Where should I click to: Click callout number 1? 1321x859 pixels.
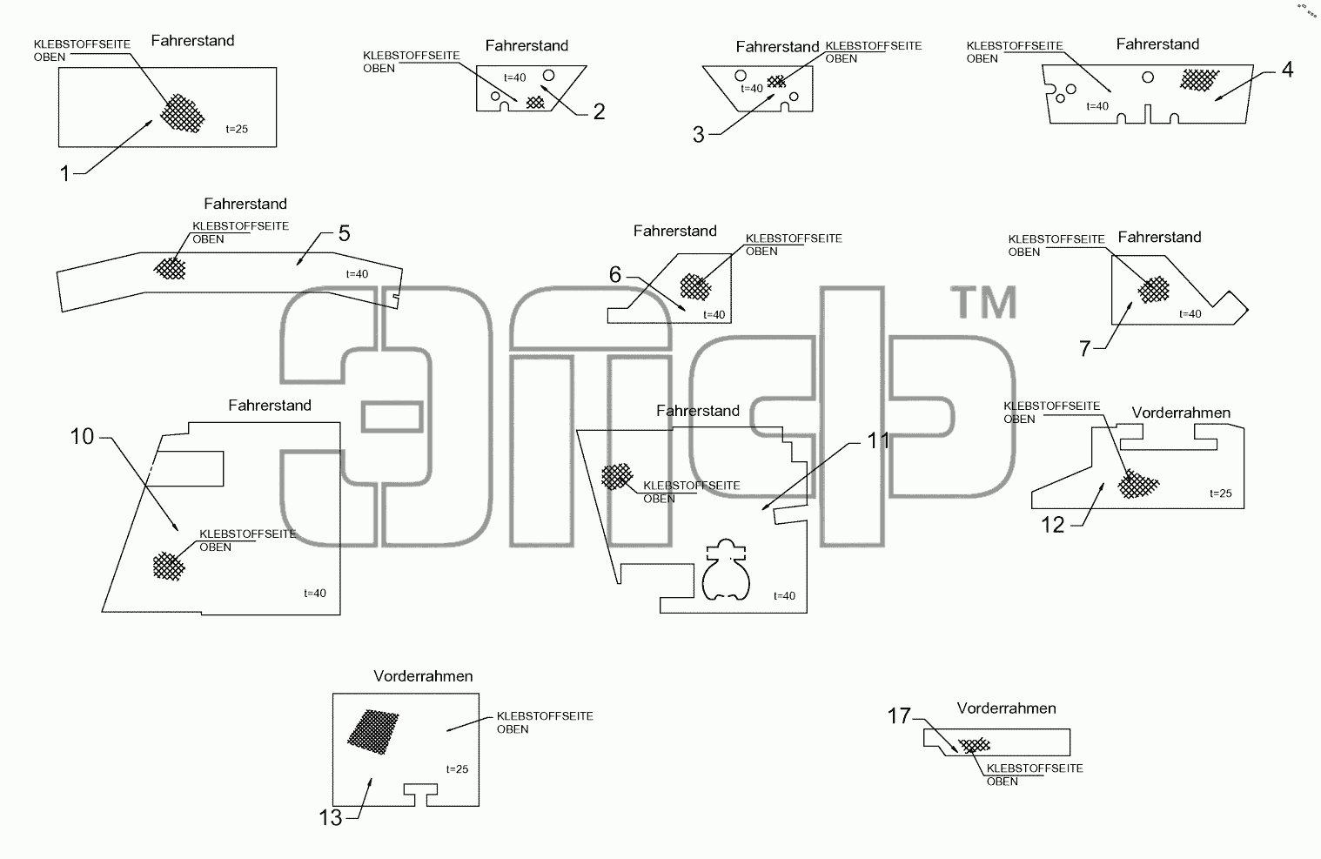click(65, 173)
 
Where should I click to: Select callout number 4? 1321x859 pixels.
click(1287, 70)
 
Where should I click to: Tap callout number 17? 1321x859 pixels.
click(899, 716)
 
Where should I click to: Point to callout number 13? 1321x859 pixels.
click(331, 818)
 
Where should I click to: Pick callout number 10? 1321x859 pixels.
click(82, 437)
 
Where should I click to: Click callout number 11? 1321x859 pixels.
click(878, 440)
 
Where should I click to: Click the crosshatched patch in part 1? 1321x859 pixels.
click(182, 112)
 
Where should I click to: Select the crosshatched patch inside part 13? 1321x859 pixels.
click(373, 732)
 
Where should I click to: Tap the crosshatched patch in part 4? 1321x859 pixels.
click(1199, 80)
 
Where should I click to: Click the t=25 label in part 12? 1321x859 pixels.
click(1221, 493)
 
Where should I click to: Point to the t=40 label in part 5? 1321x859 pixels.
click(357, 274)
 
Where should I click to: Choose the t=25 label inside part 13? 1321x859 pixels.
click(457, 768)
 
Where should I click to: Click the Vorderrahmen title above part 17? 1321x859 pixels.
click(1006, 708)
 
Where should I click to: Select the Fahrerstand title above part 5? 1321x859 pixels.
click(245, 204)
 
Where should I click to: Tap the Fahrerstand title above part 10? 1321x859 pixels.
click(270, 406)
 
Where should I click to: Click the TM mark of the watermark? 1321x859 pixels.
click(983, 302)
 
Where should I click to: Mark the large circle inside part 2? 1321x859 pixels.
click(548, 76)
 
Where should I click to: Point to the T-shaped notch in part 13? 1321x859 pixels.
click(420, 795)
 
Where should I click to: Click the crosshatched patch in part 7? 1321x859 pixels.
click(1154, 289)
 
